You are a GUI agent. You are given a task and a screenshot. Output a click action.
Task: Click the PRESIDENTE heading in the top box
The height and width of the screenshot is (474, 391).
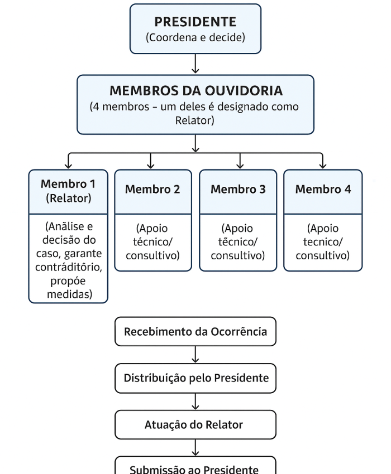coord(195,22)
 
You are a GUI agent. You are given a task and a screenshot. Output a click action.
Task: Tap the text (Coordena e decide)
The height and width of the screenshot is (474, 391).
coord(195,38)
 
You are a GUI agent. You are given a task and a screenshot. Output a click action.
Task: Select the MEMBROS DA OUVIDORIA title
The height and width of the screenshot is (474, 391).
coord(195,90)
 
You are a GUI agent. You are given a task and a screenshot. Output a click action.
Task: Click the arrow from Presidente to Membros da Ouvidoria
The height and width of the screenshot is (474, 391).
coord(195,64)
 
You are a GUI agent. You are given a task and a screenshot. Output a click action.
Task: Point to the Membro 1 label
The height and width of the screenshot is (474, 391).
coord(68,184)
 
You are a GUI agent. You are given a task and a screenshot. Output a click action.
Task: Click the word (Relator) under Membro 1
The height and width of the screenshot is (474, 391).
coord(68,197)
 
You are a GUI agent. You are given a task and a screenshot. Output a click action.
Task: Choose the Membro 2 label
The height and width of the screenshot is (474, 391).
coord(152,189)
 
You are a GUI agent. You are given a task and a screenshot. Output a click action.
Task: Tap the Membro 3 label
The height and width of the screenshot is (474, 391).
coord(238,189)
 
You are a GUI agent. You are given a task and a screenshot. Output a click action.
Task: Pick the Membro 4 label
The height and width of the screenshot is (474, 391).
coord(323,189)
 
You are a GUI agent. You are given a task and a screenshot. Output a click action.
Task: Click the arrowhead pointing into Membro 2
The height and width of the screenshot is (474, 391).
coord(151,165)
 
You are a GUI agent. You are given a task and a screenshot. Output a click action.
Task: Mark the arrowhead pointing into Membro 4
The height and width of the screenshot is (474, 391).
coord(323,165)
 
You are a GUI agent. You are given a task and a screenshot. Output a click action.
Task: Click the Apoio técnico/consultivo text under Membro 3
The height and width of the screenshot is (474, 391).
coord(238,242)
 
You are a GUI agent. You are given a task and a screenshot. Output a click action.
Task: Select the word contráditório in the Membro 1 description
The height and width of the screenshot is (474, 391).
coord(68,267)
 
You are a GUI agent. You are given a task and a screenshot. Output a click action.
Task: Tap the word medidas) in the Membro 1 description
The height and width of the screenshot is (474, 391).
coord(69,294)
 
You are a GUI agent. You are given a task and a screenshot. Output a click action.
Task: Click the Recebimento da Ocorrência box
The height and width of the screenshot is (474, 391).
coord(195,332)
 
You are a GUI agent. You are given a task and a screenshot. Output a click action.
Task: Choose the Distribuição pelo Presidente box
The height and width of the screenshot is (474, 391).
coord(195,378)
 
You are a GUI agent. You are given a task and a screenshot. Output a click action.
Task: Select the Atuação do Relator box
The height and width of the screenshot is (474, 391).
coord(195,424)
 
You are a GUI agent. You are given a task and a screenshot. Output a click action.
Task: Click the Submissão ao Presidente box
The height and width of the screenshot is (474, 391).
coord(195,467)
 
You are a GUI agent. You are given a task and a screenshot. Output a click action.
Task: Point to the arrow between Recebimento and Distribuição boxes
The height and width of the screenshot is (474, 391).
coord(195,355)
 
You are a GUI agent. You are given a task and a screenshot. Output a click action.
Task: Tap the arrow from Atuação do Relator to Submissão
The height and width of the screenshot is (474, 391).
coord(195,447)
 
